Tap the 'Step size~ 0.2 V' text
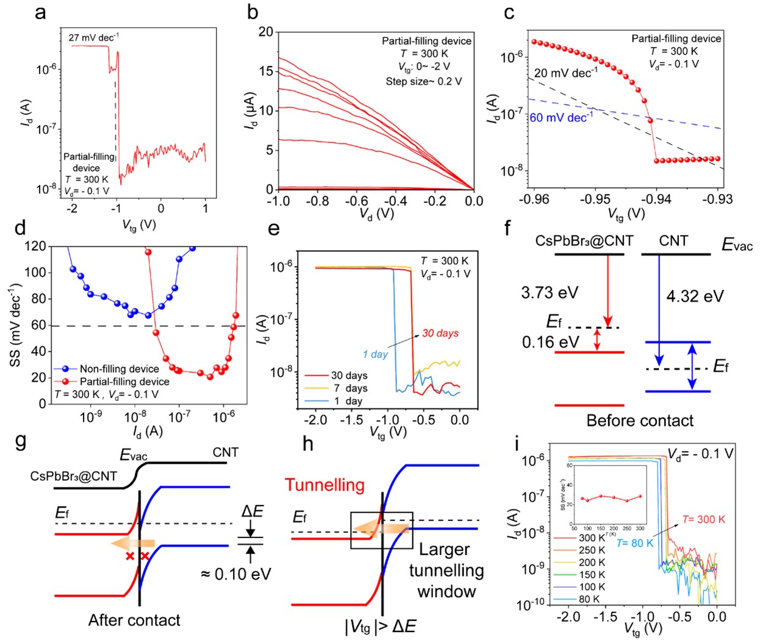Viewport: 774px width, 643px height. (x=423, y=81)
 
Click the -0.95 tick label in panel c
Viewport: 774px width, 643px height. (x=595, y=198)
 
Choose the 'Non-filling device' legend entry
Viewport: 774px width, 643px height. (x=119, y=368)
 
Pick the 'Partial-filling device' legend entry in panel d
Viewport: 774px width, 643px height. (x=124, y=381)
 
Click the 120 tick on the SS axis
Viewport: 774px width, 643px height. (x=35, y=246)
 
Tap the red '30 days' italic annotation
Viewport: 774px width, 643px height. (x=440, y=333)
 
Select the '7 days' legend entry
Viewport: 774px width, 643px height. (x=349, y=388)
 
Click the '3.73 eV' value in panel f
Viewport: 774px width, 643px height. (x=549, y=293)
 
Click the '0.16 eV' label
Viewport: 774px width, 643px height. (x=550, y=342)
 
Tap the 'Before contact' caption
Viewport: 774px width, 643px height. (x=640, y=420)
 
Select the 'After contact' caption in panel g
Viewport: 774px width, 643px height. (x=134, y=620)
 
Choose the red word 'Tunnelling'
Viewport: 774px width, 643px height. (x=324, y=486)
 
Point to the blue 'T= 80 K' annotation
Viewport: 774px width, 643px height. (x=635, y=543)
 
